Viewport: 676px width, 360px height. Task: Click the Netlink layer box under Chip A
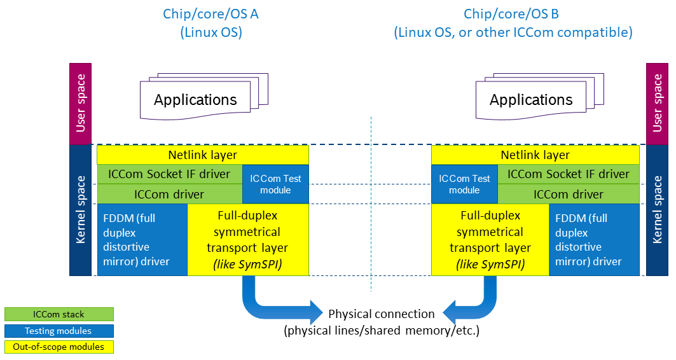[203, 155]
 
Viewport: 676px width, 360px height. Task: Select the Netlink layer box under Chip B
[535, 155]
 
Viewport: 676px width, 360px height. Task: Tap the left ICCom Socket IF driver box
[170, 174]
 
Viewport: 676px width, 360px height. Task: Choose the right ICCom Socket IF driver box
[568, 174]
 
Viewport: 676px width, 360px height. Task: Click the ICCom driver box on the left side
[170, 194]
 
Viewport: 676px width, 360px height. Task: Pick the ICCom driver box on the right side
[568, 194]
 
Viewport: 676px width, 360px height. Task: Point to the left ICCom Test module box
[275, 184]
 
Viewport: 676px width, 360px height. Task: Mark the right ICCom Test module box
[464, 184]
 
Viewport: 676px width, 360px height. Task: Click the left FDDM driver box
[142, 240]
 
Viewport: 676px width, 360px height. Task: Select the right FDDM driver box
[594, 240]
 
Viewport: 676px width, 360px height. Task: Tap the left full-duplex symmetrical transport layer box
[248, 240]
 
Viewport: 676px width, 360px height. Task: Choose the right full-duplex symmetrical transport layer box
[490, 240]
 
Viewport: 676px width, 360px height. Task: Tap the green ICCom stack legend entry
[59, 314]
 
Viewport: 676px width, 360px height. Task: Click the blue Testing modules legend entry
[59, 331]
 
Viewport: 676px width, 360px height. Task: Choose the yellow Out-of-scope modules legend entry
[59, 347]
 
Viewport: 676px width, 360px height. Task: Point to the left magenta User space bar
[81, 104]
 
